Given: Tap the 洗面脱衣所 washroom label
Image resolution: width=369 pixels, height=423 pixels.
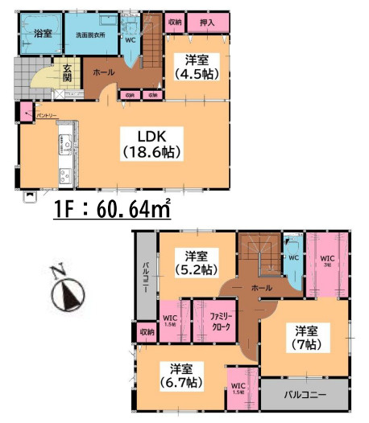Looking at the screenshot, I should (91, 35).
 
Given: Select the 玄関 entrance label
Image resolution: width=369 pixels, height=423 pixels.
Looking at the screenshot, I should (68, 72).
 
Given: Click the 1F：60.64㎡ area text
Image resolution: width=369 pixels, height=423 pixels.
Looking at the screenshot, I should (112, 211).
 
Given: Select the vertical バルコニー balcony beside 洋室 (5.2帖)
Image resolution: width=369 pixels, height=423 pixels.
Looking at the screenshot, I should (146, 278).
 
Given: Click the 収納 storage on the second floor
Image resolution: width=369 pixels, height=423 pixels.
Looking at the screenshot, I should (146, 331).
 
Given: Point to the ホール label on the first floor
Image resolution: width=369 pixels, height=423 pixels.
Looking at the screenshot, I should (104, 73).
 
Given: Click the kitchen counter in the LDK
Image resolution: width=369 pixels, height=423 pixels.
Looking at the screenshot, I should (64, 153).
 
